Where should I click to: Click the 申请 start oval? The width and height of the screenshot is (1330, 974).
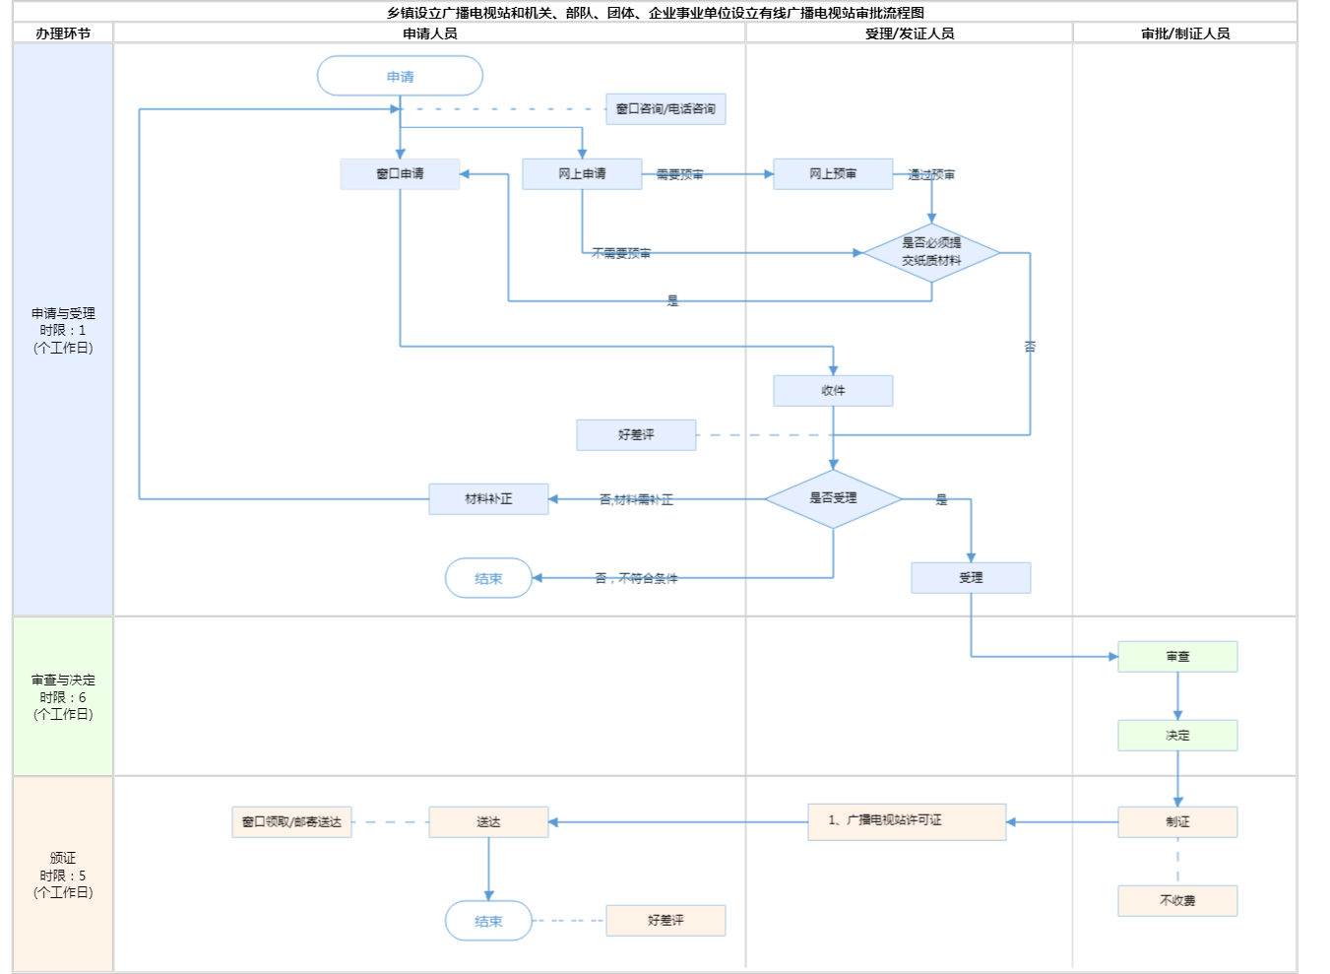click(400, 76)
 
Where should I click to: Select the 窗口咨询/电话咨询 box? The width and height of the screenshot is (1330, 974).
click(665, 109)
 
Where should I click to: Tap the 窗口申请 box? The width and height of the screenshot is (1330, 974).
click(400, 173)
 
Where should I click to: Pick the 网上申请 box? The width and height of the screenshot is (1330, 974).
click(582, 173)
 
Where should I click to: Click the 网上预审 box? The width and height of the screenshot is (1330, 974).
click(833, 173)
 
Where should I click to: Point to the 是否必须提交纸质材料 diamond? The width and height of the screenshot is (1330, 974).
click(931, 252)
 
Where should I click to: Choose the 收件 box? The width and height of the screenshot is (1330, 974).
click(833, 390)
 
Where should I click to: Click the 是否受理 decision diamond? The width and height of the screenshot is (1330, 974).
click(833, 498)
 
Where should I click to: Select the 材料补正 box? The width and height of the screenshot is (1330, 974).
click(488, 499)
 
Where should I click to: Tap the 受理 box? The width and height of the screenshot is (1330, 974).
click(971, 578)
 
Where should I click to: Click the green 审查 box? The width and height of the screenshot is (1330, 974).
click(1177, 657)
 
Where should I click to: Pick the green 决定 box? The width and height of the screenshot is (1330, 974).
click(1177, 736)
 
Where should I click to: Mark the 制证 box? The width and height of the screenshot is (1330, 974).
click(1177, 821)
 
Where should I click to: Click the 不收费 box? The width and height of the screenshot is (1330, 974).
click(1177, 900)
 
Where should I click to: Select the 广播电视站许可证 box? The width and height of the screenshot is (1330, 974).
click(907, 821)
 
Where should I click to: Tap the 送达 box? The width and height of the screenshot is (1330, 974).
click(488, 821)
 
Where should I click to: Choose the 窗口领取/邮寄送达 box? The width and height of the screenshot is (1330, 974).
click(291, 821)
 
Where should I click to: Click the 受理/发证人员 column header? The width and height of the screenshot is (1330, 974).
click(909, 33)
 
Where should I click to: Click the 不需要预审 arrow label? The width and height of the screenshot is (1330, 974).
click(621, 253)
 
